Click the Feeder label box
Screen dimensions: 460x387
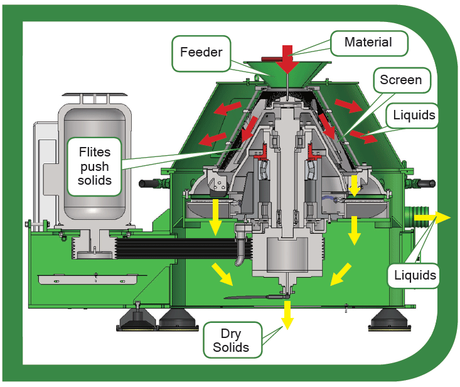pyautogui.click(x=201, y=53)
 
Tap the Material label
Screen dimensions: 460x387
pyautogui.click(x=369, y=43)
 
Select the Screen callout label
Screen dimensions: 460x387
pyautogui.click(x=402, y=80)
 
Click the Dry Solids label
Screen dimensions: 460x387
pyautogui.click(x=232, y=340)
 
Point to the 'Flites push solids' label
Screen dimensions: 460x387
pyautogui.click(x=95, y=166)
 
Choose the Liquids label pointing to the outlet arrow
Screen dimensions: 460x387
pyautogui.click(x=414, y=275)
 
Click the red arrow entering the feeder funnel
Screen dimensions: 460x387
pyautogui.click(x=287, y=59)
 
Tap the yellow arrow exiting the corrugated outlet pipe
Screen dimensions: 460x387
pyautogui.click(x=432, y=217)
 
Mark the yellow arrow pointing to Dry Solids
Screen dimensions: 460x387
pyautogui.click(x=287, y=315)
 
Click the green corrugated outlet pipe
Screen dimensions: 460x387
pyautogui.click(x=416, y=217)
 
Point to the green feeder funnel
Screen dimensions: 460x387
pyautogui.click(x=287, y=74)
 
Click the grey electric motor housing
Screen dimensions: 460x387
pyautogui.click(x=95, y=165)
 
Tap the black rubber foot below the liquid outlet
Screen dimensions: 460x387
pyautogui.click(x=390, y=320)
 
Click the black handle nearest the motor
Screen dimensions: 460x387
pyautogui.click(x=149, y=184)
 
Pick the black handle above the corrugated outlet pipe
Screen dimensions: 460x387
pyautogui.click(x=425, y=184)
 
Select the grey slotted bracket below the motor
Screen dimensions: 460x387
pyautogui.click(x=88, y=280)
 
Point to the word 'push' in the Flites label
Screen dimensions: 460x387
pyautogui.click(x=95, y=167)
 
